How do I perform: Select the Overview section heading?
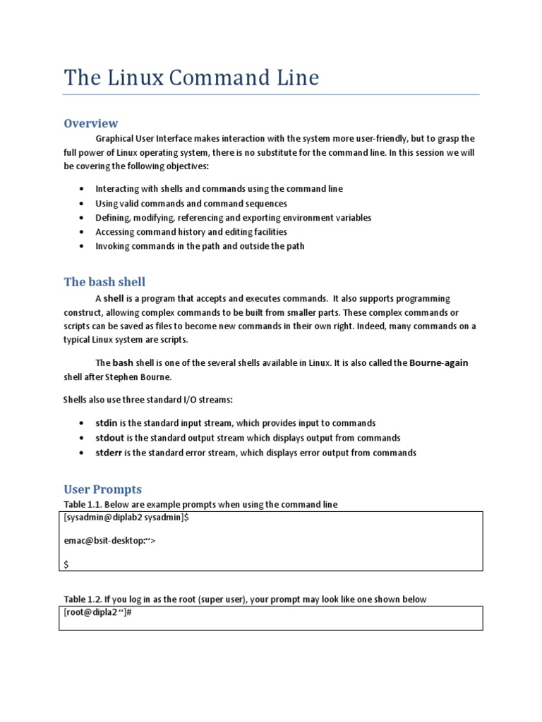pos(91,123)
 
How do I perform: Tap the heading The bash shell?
pos(104,282)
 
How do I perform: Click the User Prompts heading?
pos(103,489)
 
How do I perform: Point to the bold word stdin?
pos(109,423)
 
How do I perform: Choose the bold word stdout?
pos(112,438)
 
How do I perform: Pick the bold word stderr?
pos(111,453)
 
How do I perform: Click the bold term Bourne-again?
pos(438,362)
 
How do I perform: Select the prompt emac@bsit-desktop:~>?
pos(109,541)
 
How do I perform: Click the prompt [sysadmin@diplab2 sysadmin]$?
pos(126,518)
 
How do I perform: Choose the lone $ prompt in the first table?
pos(66,563)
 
